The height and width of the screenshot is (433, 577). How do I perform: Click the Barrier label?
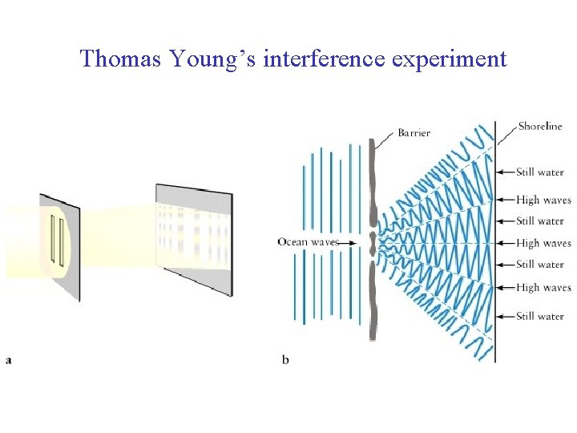click(414, 133)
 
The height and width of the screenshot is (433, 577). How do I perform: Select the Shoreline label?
click(540, 126)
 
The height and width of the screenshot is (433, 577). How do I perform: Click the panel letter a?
click(9, 360)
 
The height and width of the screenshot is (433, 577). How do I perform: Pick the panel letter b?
click(285, 360)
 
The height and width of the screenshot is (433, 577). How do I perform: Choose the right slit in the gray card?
click(61, 240)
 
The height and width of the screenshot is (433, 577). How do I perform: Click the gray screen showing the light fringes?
click(195, 237)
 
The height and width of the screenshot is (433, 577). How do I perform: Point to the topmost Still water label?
click(540, 172)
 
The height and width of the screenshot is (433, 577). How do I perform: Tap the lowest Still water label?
click(540, 316)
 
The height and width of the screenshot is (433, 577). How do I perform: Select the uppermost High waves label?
click(543, 200)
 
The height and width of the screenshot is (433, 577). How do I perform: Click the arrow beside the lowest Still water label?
click(505, 316)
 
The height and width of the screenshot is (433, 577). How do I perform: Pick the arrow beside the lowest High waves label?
click(505, 287)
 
